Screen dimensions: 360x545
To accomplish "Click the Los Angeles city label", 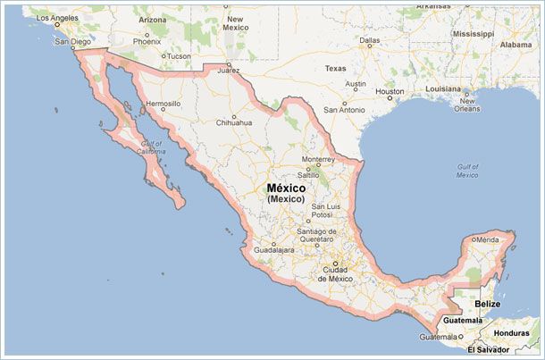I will [x=58, y=18].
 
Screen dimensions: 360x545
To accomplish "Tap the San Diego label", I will [x=73, y=41].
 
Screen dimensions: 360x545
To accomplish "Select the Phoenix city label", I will [x=147, y=41].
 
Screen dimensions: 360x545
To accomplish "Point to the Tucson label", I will [x=179, y=56].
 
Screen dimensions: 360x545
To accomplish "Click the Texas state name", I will [x=335, y=68].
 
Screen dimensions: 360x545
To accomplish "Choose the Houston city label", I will [x=390, y=91].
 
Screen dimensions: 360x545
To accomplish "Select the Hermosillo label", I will [x=163, y=104].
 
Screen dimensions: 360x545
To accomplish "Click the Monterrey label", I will [x=317, y=159].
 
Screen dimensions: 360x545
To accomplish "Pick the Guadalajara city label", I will [x=273, y=251].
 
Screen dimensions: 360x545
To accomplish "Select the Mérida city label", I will [x=487, y=240].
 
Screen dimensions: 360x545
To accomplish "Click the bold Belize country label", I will [x=487, y=305].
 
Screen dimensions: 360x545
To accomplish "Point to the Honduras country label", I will [x=513, y=333].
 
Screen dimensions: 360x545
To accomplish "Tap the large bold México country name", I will [x=286, y=189].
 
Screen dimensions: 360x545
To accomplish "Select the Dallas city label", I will [x=370, y=40].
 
